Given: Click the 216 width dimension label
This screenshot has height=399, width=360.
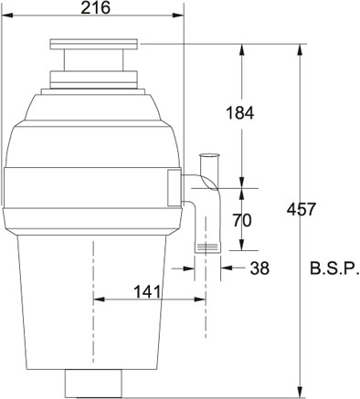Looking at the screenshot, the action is pos(95,7).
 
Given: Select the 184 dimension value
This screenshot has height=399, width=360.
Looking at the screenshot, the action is pos(239,113).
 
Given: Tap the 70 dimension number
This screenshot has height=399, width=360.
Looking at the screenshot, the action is pos(242,220).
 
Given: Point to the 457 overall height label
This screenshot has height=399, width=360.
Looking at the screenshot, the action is pos(301,209).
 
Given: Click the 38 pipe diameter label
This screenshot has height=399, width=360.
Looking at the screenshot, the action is pos(259,268).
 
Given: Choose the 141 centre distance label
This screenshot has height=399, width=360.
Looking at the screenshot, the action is pos(147,292).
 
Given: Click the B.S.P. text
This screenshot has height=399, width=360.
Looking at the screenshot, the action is pos(334,268).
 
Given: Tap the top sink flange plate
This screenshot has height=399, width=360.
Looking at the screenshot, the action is pos(94,44).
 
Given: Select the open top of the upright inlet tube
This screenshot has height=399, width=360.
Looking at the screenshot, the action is pos(209,155).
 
